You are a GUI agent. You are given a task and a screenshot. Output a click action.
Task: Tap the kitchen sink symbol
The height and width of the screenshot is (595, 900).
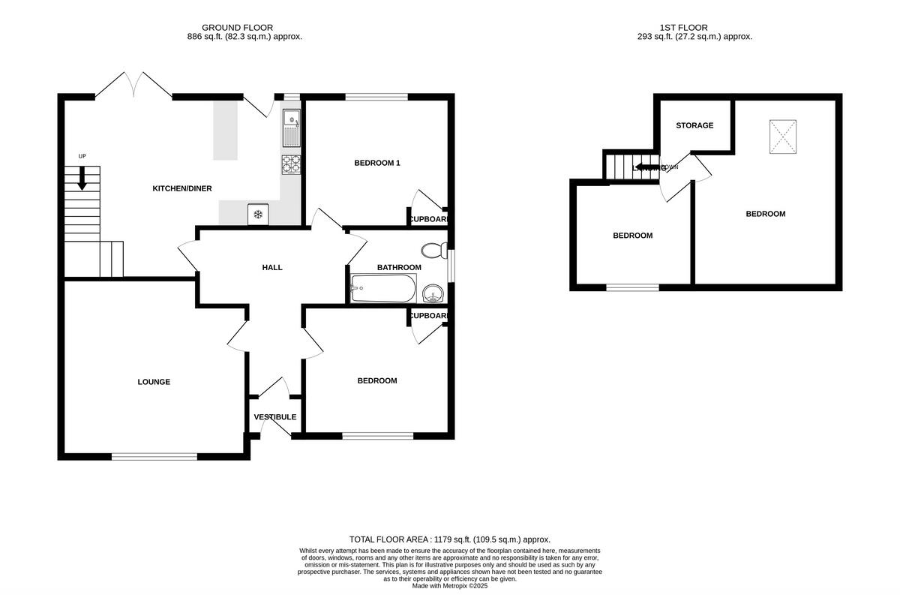(291, 128)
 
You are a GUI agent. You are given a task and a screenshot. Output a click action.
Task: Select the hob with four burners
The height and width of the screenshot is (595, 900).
(291, 164)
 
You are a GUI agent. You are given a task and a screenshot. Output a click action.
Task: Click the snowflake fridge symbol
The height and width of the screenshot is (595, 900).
(258, 215)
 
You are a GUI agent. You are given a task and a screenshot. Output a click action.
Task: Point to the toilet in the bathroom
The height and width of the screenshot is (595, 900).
(431, 250)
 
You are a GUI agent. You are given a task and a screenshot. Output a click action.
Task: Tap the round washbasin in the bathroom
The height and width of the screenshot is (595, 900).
(433, 291)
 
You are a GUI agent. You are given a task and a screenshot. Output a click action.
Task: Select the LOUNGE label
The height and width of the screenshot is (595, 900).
(154, 382)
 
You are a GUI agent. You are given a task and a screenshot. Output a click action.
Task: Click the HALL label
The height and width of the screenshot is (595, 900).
(272, 267)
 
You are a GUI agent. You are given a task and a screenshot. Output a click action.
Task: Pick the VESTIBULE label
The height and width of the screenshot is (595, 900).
(274, 417)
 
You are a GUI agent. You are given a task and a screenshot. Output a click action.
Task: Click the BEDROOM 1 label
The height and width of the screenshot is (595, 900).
(376, 163)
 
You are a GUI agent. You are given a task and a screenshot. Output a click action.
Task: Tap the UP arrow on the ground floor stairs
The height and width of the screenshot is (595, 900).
(82, 178)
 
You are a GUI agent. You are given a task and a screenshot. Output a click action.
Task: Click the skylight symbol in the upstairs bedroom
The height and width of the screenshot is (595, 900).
(784, 137)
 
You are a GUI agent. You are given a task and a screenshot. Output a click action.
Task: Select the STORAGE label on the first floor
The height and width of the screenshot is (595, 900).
(694, 125)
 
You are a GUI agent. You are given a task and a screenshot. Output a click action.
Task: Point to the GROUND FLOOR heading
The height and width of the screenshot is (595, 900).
(237, 28)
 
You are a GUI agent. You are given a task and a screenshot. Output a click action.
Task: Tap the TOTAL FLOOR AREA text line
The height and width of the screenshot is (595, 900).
(450, 539)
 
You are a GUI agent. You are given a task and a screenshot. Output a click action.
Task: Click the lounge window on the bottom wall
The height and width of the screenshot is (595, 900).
(155, 456)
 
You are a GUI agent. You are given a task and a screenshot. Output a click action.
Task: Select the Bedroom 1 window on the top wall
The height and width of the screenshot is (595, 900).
(376, 97)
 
